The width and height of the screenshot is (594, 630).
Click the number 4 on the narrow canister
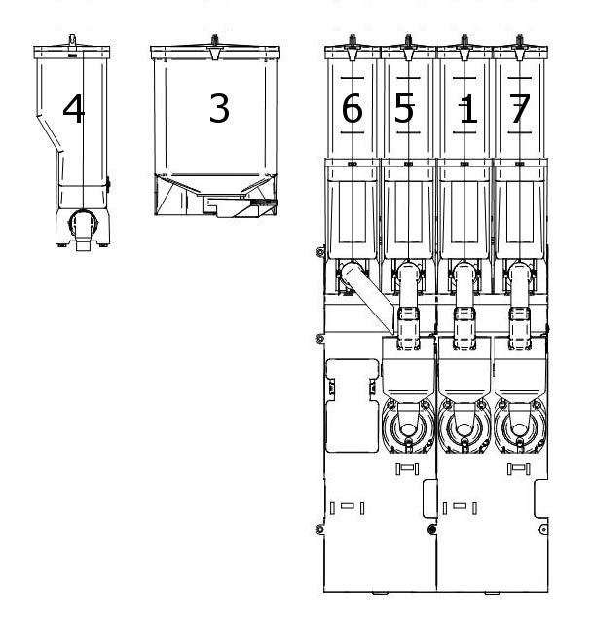(73, 109)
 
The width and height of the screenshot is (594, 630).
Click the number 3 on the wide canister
(219, 108)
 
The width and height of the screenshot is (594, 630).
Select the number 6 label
(352, 108)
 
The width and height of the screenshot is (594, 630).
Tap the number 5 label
(404, 108)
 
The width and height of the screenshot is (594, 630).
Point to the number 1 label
(468, 109)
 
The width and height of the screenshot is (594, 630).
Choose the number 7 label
(520, 108)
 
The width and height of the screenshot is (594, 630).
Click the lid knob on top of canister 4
(72, 40)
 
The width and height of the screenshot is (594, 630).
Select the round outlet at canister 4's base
(83, 224)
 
